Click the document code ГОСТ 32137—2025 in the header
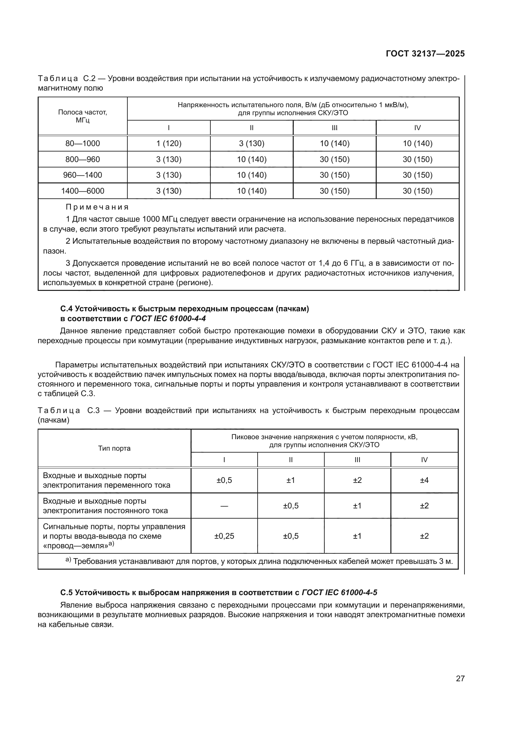(425, 54)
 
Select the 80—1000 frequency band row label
(83, 143)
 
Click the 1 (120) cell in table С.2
(169, 143)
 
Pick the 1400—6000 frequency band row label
(83, 191)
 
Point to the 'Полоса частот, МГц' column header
(83, 116)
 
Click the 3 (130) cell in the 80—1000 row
(251, 143)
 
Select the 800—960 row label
(83, 159)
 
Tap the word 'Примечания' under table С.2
(97, 207)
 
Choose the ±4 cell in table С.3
(424, 480)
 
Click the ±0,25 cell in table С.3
(224, 536)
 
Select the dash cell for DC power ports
(224, 506)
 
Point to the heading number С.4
(67, 309)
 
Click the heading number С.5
(67, 592)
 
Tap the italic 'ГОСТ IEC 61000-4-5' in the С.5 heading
(339, 592)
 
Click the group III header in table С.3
(357, 460)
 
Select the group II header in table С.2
(251, 128)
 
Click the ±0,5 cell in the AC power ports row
(224, 480)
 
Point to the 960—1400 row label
(83, 175)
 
